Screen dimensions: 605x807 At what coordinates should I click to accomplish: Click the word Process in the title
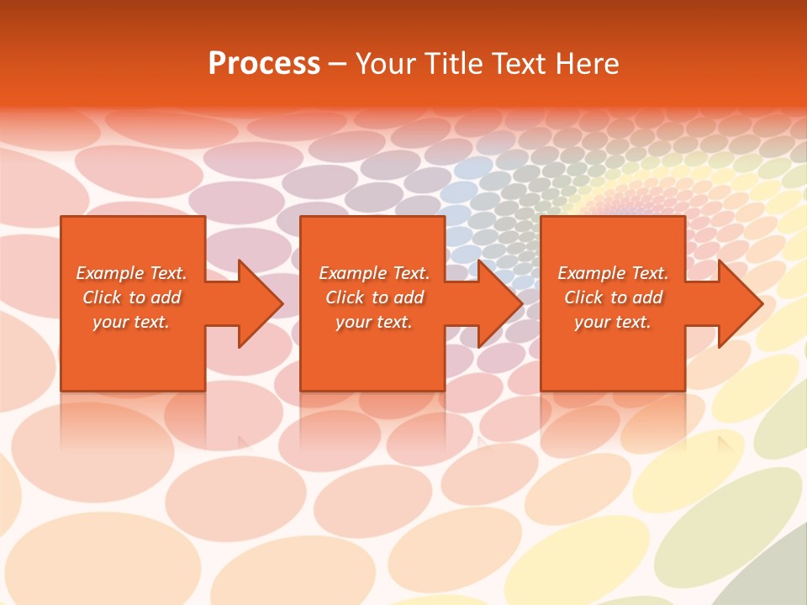coord(264,64)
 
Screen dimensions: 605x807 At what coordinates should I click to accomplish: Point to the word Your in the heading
coord(386,64)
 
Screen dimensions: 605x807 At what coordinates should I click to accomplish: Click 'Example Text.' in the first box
coord(131,273)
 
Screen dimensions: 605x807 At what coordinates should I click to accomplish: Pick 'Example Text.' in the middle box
coord(374,273)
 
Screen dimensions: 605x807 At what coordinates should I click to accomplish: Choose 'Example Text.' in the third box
coord(613,273)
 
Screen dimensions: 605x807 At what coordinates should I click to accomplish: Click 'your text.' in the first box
coord(131,322)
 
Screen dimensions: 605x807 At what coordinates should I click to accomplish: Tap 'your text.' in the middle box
coord(374,322)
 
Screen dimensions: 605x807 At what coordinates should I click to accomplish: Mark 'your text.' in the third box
coord(613,322)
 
